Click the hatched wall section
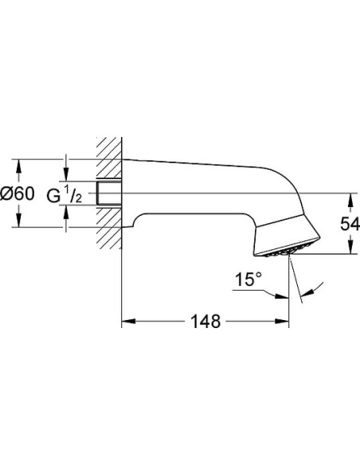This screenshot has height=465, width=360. point(108,191)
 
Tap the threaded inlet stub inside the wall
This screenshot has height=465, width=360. point(108,193)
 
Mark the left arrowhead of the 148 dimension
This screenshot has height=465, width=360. point(127,323)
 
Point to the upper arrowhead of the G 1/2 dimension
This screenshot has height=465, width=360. point(68,177)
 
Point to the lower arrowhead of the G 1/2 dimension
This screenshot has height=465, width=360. point(68,211)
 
